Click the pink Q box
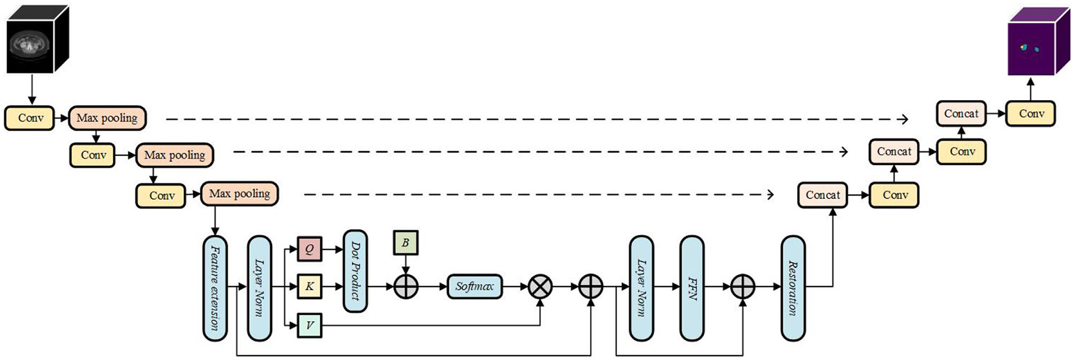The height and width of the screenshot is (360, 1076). tap(309, 249)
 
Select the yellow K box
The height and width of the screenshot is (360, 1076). tap(309, 287)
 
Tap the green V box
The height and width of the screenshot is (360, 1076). tap(309, 325)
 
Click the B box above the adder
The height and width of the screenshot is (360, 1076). tap(406, 243)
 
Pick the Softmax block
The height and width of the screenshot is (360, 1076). tap(475, 287)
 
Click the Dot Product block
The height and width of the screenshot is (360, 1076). tap(355, 271)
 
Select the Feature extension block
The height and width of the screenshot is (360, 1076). tap(215, 288)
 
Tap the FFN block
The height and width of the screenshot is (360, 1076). tap(692, 288)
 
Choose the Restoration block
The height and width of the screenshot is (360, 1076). tap(792, 288)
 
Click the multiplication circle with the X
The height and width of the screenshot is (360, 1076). tap(540, 287)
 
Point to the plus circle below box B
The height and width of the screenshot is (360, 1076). tap(406, 287)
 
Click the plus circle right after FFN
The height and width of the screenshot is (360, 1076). tap(742, 287)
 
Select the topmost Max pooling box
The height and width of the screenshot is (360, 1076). tap(107, 118)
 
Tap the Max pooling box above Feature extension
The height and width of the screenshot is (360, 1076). tap(239, 194)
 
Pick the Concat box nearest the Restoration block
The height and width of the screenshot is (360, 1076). tap(822, 195)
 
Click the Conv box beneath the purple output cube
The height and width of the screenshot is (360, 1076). tap(1030, 114)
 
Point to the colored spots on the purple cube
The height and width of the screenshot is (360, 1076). tap(1029, 47)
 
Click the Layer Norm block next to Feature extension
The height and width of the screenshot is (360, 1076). tap(259, 288)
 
